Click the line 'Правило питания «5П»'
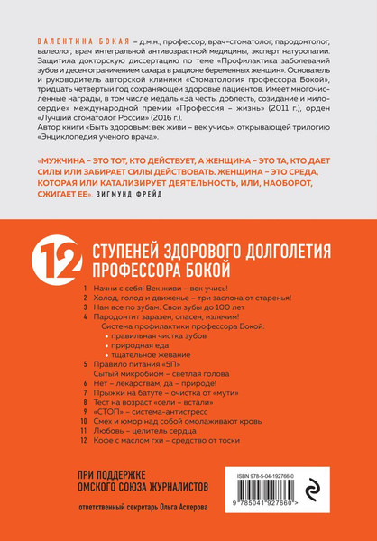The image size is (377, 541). tap(138, 372)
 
